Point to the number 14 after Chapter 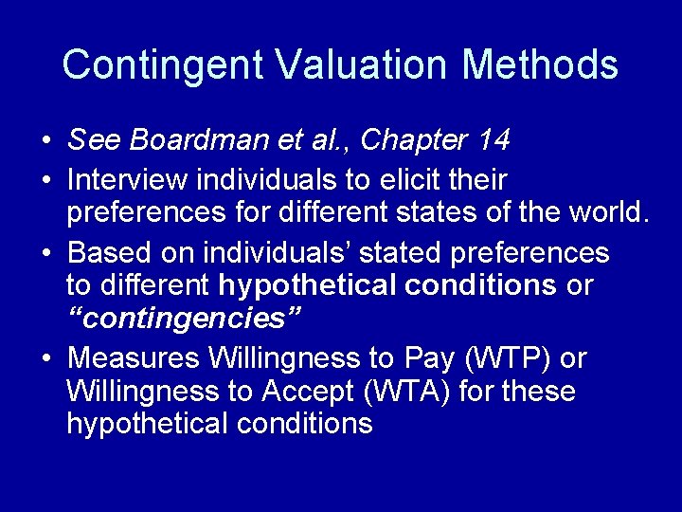point(494,140)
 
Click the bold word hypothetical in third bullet point(310,285)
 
